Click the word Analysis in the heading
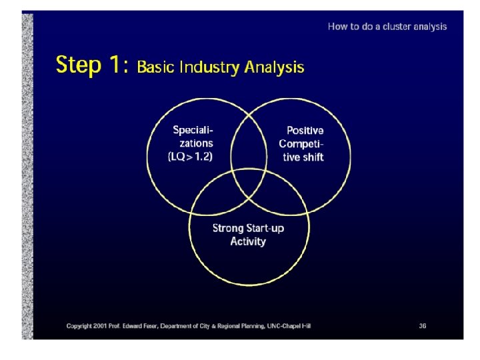[x=275, y=67]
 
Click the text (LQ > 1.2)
[x=191, y=156]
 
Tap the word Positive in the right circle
[x=305, y=131]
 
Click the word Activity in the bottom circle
[x=248, y=241]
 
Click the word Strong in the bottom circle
[x=228, y=228]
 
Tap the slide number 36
[x=423, y=326]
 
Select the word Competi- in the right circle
[x=301, y=144]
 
